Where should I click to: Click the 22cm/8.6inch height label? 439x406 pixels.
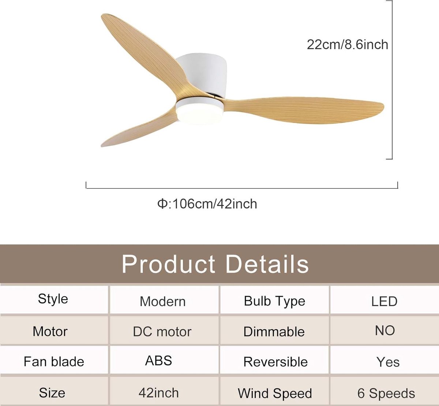(x=348, y=44)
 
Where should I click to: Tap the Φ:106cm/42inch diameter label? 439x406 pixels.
(x=207, y=204)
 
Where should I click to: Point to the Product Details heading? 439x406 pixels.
(x=215, y=264)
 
